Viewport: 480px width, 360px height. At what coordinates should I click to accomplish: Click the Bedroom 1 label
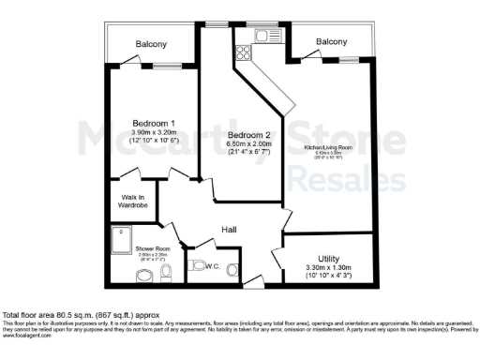[154, 123]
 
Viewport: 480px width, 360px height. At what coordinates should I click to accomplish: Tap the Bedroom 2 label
[248, 135]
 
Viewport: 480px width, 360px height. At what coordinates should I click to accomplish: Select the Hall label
[228, 230]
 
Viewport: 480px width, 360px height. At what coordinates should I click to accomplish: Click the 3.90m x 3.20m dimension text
[154, 133]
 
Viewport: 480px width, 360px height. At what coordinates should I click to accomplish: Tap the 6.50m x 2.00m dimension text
[248, 146]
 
